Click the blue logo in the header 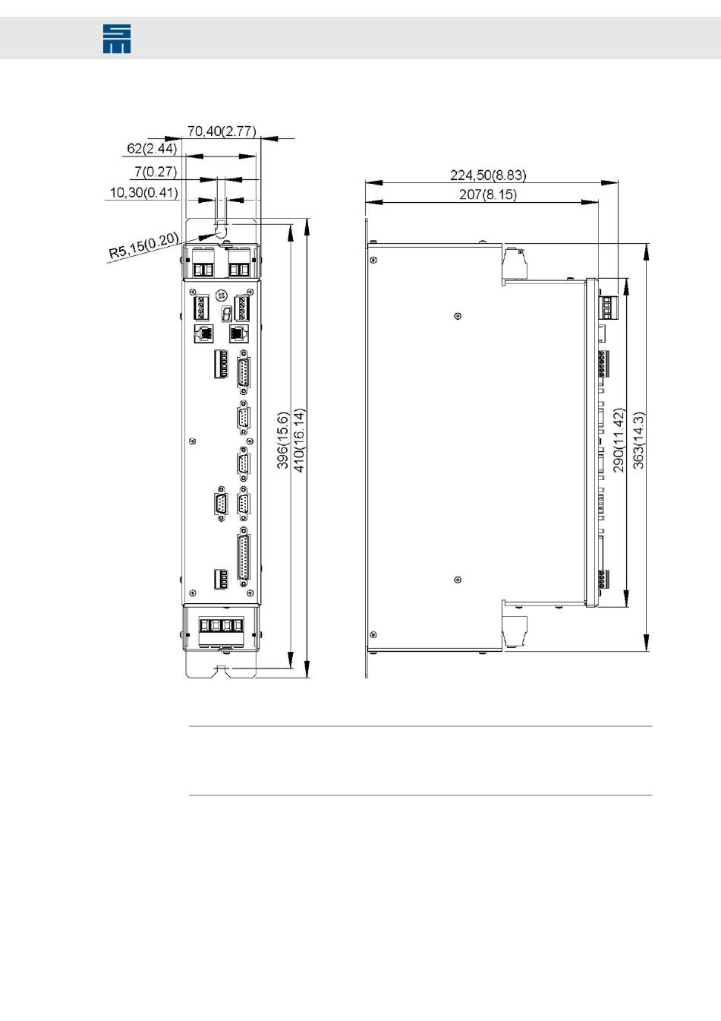click(x=117, y=39)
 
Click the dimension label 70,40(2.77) click(x=222, y=131)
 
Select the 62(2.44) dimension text click(x=152, y=148)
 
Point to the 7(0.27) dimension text click(x=156, y=172)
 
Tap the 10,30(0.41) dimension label click(x=144, y=192)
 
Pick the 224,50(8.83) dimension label click(x=488, y=175)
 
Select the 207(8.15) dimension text click(x=488, y=194)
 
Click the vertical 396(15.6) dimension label click(x=283, y=441)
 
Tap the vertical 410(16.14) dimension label click(x=300, y=441)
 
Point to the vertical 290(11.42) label click(x=619, y=441)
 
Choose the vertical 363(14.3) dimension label click(x=638, y=441)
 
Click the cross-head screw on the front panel click(x=222, y=296)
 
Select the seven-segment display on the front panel click(x=226, y=314)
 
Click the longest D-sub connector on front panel click(x=244, y=558)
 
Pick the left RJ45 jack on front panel click(x=204, y=333)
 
